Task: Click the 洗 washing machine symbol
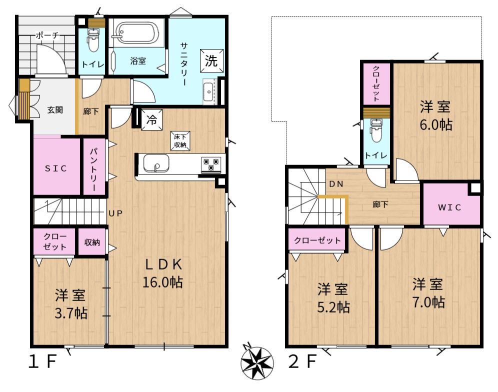pyautogui.click(x=211, y=60)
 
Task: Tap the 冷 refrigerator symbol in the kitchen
pyautogui.click(x=151, y=120)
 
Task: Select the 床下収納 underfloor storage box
pyautogui.click(x=180, y=140)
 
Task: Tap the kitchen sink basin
pyautogui.click(x=156, y=163)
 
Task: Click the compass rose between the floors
pyautogui.click(x=256, y=362)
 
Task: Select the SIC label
pyautogui.click(x=56, y=168)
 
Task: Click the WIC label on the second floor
pyautogui.click(x=449, y=207)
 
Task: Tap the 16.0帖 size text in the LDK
pyautogui.click(x=162, y=282)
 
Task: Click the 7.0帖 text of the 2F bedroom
pyautogui.click(x=428, y=302)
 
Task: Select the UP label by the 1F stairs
pyautogui.click(x=115, y=213)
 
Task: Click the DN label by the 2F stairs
pyautogui.click(x=336, y=184)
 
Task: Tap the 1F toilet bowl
pyautogui.click(x=93, y=40)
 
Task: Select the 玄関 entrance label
pyautogui.click(x=55, y=110)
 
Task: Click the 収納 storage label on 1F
pyautogui.click(x=92, y=242)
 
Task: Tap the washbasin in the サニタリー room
pyautogui.click(x=209, y=92)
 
